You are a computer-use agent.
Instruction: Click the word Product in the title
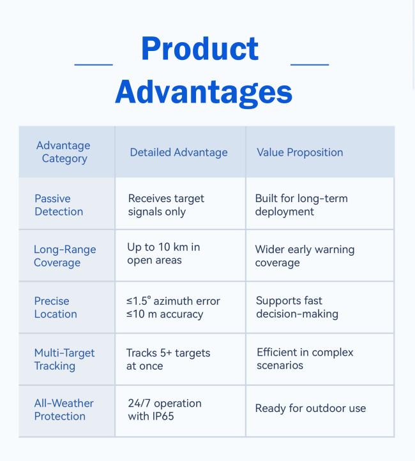click(200, 49)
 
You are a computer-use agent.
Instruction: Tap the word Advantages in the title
click(204, 92)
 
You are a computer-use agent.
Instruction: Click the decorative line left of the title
click(94, 64)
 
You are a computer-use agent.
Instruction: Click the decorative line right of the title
click(310, 64)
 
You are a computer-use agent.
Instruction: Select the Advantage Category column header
click(63, 152)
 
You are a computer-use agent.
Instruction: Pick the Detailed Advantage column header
click(179, 152)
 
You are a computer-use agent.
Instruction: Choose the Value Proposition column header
click(300, 152)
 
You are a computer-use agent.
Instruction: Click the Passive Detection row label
click(59, 205)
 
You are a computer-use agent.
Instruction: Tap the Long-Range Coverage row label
click(64, 256)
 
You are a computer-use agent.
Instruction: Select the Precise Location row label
click(56, 307)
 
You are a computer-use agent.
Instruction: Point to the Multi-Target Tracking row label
click(64, 359)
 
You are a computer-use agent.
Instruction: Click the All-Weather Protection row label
click(64, 409)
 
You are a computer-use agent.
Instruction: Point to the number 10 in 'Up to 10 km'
click(164, 247)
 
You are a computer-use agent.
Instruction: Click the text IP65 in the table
click(162, 416)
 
